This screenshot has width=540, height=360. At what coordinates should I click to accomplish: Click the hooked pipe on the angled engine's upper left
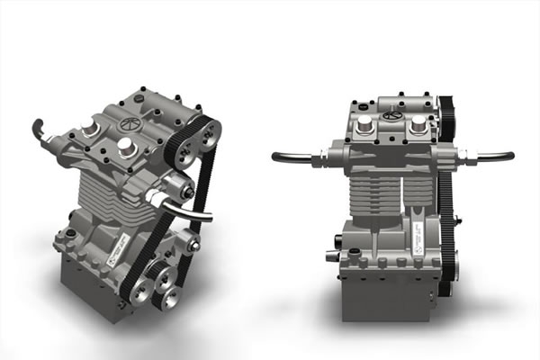pos(40,131)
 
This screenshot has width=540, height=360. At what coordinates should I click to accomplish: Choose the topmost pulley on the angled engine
pos(208,132)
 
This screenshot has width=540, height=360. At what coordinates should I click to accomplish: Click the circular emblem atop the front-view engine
pos(392,114)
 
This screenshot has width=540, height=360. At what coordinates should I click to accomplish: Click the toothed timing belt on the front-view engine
pos(445,207)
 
